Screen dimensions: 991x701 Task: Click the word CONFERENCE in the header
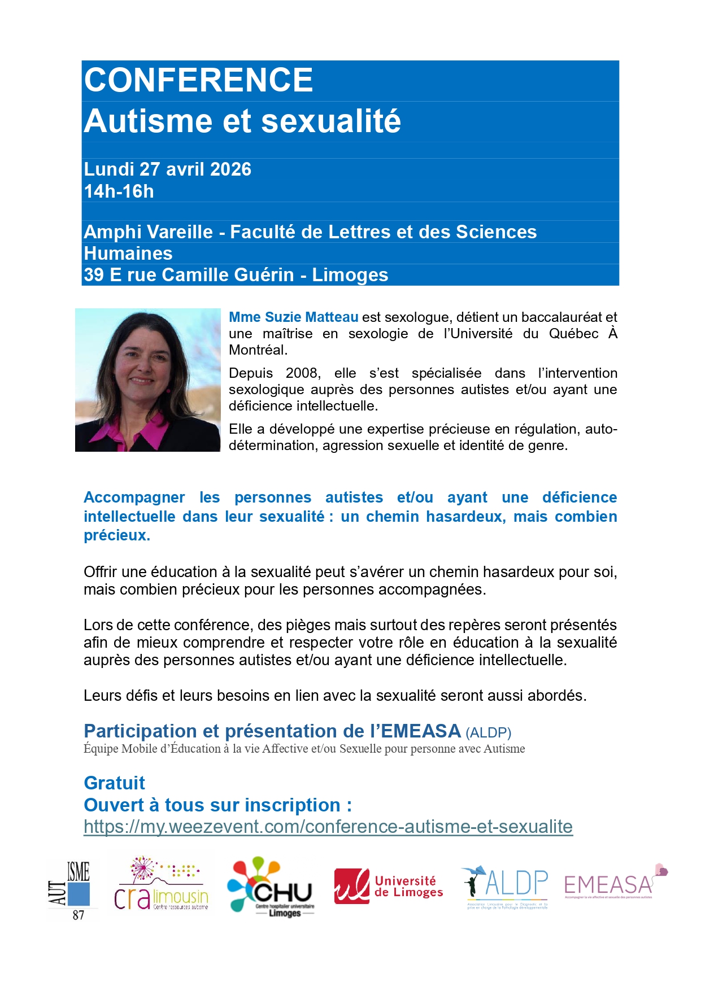point(198,80)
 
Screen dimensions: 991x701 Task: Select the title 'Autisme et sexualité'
point(242,121)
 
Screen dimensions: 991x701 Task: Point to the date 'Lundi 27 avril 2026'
point(167,169)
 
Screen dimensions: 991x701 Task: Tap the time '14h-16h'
point(119,191)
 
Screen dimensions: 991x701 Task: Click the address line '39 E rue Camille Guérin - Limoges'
point(236,275)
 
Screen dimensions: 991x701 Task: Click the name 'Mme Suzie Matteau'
point(293,317)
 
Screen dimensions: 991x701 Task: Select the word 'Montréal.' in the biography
point(258,350)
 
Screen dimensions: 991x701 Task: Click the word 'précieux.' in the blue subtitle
point(117,535)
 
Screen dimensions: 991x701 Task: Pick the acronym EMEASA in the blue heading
point(421,731)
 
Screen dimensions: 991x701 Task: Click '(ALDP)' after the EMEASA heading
point(488,733)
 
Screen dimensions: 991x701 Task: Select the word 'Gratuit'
point(114,783)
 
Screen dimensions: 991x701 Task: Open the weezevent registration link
point(328,827)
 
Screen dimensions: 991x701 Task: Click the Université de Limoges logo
point(388,887)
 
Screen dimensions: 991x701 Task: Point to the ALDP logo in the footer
point(504,885)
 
